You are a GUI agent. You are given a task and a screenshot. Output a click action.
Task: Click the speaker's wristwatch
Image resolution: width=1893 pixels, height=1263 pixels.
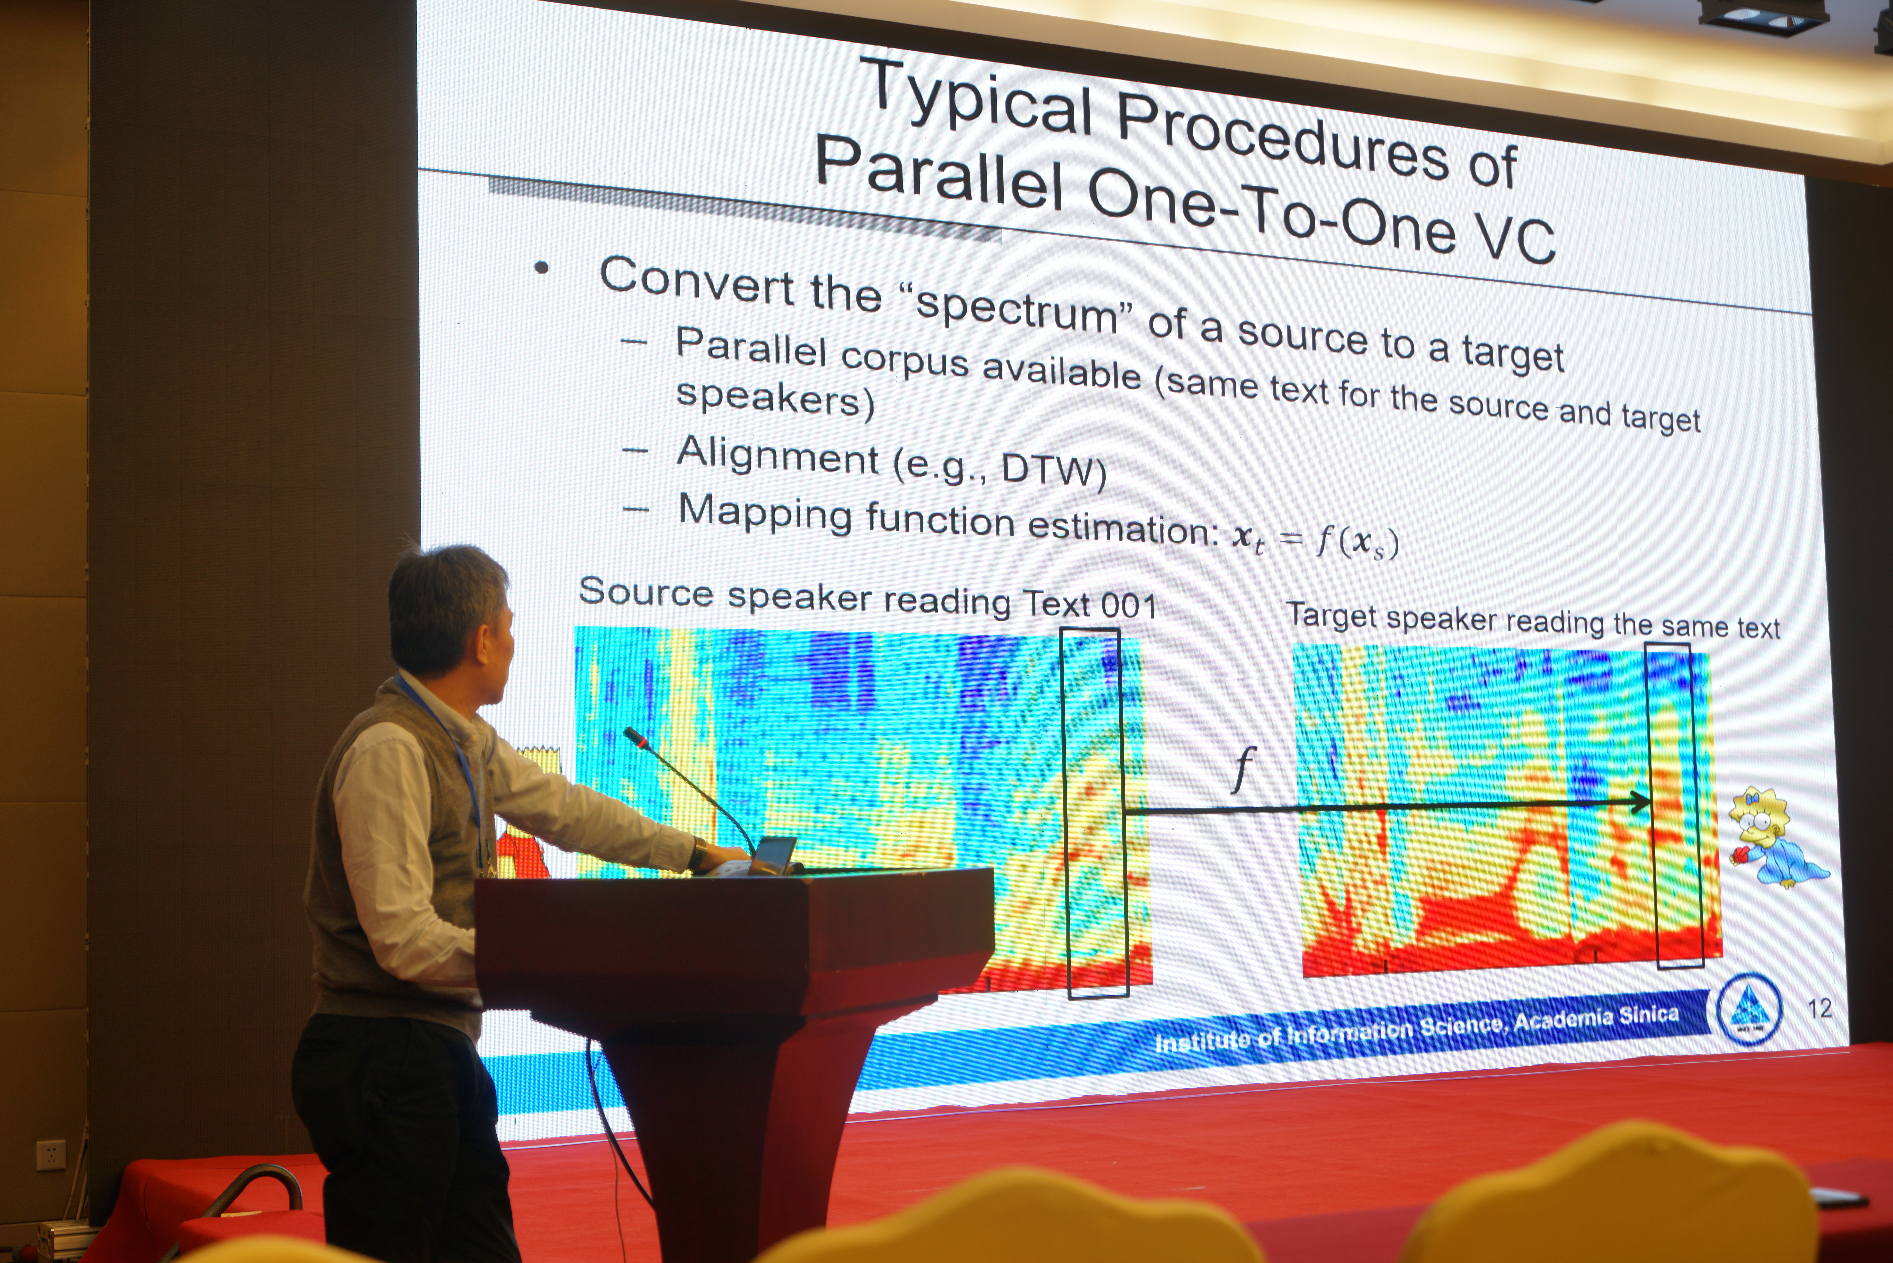698,852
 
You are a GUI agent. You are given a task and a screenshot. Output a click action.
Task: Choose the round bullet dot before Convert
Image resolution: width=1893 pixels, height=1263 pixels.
541,268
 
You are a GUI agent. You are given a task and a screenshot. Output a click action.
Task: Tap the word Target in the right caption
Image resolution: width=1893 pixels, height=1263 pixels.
1332,615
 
